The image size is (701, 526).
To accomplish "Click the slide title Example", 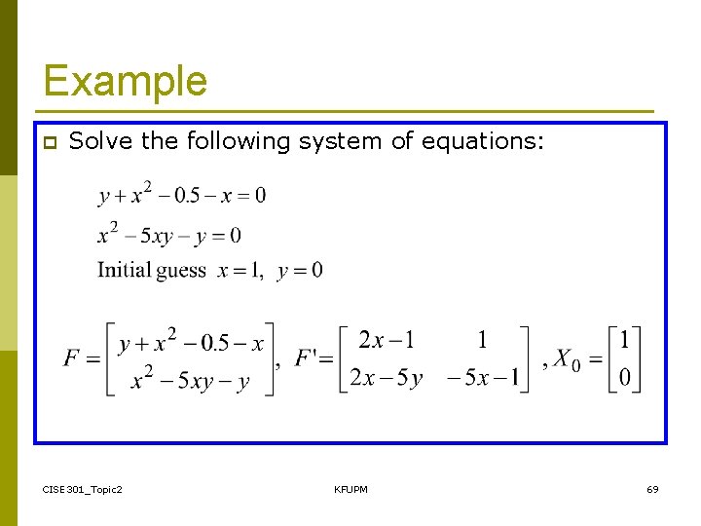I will pos(125,81).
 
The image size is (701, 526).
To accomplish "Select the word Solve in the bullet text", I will pos(102,141).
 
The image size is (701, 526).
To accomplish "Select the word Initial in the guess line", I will pos(123,270).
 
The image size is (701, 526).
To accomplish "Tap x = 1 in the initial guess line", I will pos(240,270).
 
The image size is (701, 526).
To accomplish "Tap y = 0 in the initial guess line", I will pos(300,270).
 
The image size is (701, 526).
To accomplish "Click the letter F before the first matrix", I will pos(72,358).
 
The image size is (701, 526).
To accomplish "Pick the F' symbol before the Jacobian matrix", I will pos(310,358).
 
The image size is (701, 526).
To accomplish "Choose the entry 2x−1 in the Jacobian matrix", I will pos(387,340).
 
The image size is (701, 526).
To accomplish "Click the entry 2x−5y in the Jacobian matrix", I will pos(387,378).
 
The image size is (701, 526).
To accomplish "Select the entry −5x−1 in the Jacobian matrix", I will pos(482,378).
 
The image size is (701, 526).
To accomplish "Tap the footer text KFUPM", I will pos(350,488).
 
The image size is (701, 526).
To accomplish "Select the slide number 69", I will pos(652,488).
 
